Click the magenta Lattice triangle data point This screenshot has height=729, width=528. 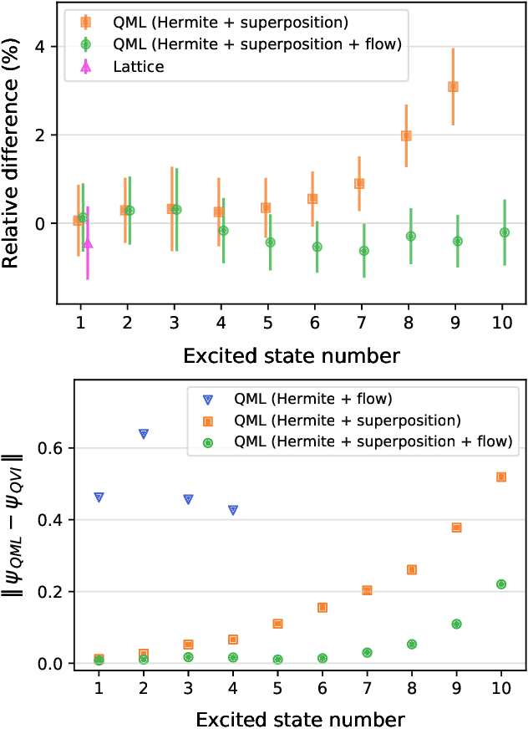88,243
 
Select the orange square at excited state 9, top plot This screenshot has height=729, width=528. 453,86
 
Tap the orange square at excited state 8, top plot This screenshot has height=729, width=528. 406,135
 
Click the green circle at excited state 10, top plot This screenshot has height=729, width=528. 505,232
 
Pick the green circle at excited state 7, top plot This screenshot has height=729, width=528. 363,251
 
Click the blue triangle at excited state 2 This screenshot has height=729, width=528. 144,434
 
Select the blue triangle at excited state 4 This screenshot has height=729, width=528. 233,510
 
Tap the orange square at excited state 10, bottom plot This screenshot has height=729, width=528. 501,477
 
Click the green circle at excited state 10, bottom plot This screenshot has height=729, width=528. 501,584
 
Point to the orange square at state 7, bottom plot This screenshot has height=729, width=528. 367,590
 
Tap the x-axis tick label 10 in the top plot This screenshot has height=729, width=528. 504,323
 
